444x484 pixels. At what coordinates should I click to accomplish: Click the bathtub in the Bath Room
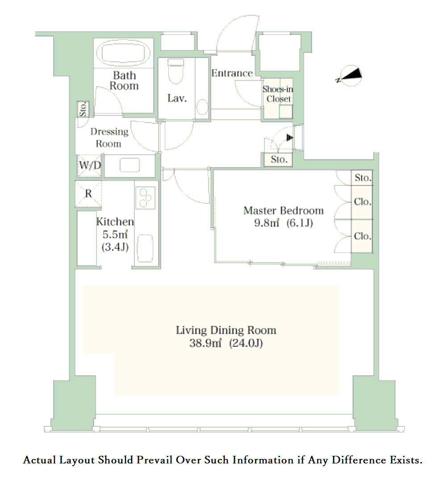pyautogui.click(x=123, y=53)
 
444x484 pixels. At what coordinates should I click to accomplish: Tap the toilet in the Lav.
pyautogui.click(x=176, y=72)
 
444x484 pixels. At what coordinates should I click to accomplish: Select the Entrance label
pyautogui.click(x=232, y=73)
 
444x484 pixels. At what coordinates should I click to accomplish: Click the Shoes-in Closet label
pyautogui.click(x=278, y=94)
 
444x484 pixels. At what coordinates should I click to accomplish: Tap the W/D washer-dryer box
pyautogui.click(x=89, y=166)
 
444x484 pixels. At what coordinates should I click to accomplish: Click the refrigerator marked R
pyautogui.click(x=88, y=194)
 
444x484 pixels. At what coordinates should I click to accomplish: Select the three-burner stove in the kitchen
pyautogui.click(x=144, y=198)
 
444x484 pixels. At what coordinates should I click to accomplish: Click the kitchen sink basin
pyautogui.click(x=145, y=248)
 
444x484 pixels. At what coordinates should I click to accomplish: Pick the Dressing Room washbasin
pyautogui.click(x=130, y=165)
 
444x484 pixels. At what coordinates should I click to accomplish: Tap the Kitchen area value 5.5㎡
pyautogui.click(x=115, y=235)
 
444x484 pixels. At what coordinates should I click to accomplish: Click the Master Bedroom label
pyautogui.click(x=284, y=210)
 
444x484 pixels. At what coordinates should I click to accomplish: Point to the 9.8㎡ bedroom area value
pyautogui.click(x=267, y=223)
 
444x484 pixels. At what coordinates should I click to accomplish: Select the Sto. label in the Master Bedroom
pyautogui.click(x=363, y=177)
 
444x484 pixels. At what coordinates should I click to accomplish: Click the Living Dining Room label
pyautogui.click(x=226, y=330)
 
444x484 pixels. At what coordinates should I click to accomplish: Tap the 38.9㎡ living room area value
pyautogui.click(x=205, y=343)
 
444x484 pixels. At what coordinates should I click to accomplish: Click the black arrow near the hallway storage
pyautogui.click(x=290, y=138)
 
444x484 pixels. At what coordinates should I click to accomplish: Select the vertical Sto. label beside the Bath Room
pyautogui.click(x=83, y=109)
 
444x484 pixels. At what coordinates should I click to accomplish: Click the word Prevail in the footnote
pyautogui.click(x=154, y=460)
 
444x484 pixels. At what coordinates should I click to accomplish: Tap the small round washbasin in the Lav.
pyautogui.click(x=202, y=107)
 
